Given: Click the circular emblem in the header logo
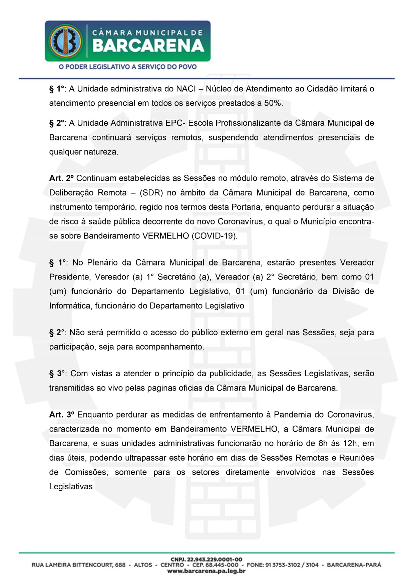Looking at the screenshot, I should point(66,41).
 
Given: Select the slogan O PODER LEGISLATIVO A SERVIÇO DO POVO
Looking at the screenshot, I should point(127,67).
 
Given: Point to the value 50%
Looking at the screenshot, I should point(273,103).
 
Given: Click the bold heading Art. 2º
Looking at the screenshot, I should point(61,178).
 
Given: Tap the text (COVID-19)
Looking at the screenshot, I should point(215,236).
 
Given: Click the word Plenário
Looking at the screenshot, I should point(102,262).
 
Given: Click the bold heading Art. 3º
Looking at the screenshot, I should point(62,415).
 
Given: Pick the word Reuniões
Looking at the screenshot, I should point(356,458).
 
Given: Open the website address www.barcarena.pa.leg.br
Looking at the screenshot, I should point(206,571).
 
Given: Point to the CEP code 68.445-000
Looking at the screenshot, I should point(215,565).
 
